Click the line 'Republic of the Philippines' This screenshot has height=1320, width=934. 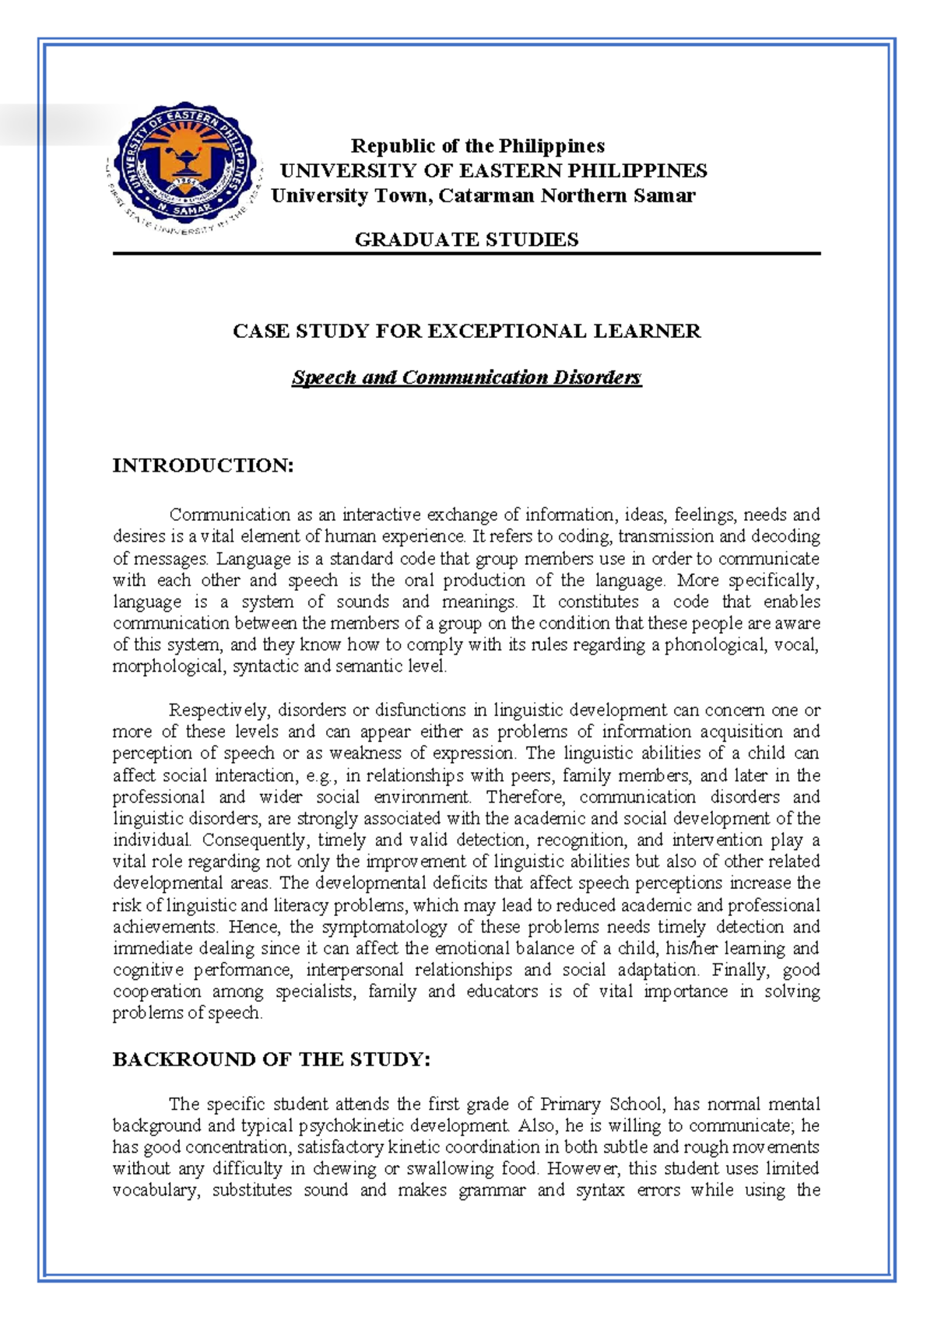tap(477, 146)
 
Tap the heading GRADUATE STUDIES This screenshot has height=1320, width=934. tap(466, 240)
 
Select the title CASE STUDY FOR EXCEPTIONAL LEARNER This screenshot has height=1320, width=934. tap(467, 332)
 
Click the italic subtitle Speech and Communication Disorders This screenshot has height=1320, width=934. tap(466, 378)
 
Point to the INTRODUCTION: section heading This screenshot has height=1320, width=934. tap(203, 465)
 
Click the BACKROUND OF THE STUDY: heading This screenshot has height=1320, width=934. tap(271, 1060)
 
